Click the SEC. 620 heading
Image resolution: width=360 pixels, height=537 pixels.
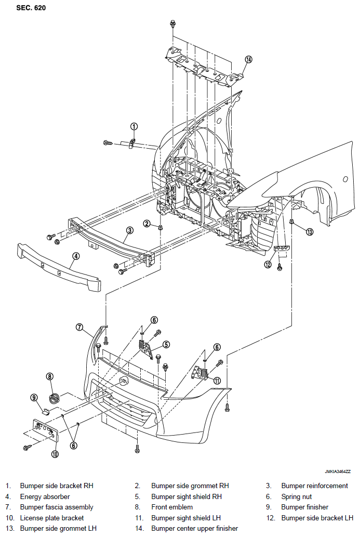tap(31, 7)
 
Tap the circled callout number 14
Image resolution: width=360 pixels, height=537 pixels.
tap(248, 59)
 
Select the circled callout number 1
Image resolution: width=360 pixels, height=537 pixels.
tap(134, 126)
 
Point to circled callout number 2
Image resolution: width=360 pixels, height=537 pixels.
tap(146, 224)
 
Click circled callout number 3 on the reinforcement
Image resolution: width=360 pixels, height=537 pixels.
tap(130, 230)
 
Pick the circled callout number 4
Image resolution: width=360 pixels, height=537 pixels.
tap(76, 256)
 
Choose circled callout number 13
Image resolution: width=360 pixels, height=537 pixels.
tap(310, 232)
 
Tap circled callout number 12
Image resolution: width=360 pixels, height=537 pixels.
tap(268, 264)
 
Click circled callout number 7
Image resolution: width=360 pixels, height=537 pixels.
tap(79, 327)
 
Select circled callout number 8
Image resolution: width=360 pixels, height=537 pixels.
tap(50, 376)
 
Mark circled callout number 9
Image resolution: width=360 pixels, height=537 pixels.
tap(34, 398)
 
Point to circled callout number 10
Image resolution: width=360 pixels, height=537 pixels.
tap(55, 454)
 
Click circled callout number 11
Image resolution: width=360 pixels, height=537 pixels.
tap(217, 381)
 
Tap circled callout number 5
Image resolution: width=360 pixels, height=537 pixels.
tap(166, 344)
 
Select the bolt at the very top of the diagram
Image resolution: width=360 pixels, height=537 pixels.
tap(173, 24)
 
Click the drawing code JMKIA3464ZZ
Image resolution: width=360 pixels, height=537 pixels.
tap(338, 471)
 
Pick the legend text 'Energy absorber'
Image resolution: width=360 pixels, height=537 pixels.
tap(45, 496)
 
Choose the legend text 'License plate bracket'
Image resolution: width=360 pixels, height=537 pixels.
tap(51, 518)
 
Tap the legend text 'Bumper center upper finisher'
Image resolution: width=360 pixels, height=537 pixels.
tap(194, 529)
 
